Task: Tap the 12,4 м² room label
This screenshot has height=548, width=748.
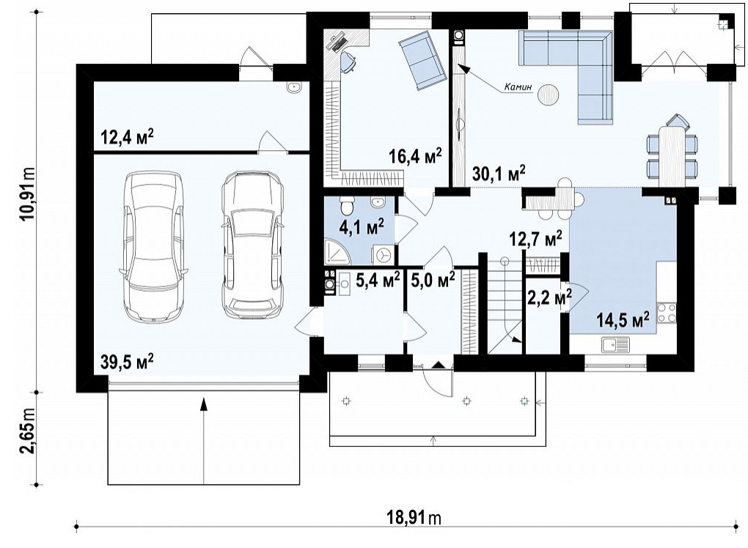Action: (127, 137)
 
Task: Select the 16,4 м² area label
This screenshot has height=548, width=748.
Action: (415, 156)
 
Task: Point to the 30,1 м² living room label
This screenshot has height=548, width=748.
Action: (499, 173)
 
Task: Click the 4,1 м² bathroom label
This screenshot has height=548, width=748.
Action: (362, 227)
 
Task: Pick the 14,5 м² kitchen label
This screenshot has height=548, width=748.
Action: (623, 319)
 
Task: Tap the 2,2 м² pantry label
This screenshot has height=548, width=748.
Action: (549, 297)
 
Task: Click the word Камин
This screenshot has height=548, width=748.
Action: (518, 87)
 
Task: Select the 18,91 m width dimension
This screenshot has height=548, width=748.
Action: (414, 517)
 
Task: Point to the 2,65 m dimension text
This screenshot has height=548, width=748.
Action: (28, 438)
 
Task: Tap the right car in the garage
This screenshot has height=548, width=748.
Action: (252, 245)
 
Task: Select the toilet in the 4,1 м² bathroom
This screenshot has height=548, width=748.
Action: (346, 205)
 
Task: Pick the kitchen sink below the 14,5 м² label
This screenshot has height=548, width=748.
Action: (615, 344)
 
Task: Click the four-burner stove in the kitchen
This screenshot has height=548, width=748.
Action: (667, 313)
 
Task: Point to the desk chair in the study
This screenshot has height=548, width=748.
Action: (348, 62)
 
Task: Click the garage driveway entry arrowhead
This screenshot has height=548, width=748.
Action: (204, 404)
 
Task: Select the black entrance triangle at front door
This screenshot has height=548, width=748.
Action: (438, 365)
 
